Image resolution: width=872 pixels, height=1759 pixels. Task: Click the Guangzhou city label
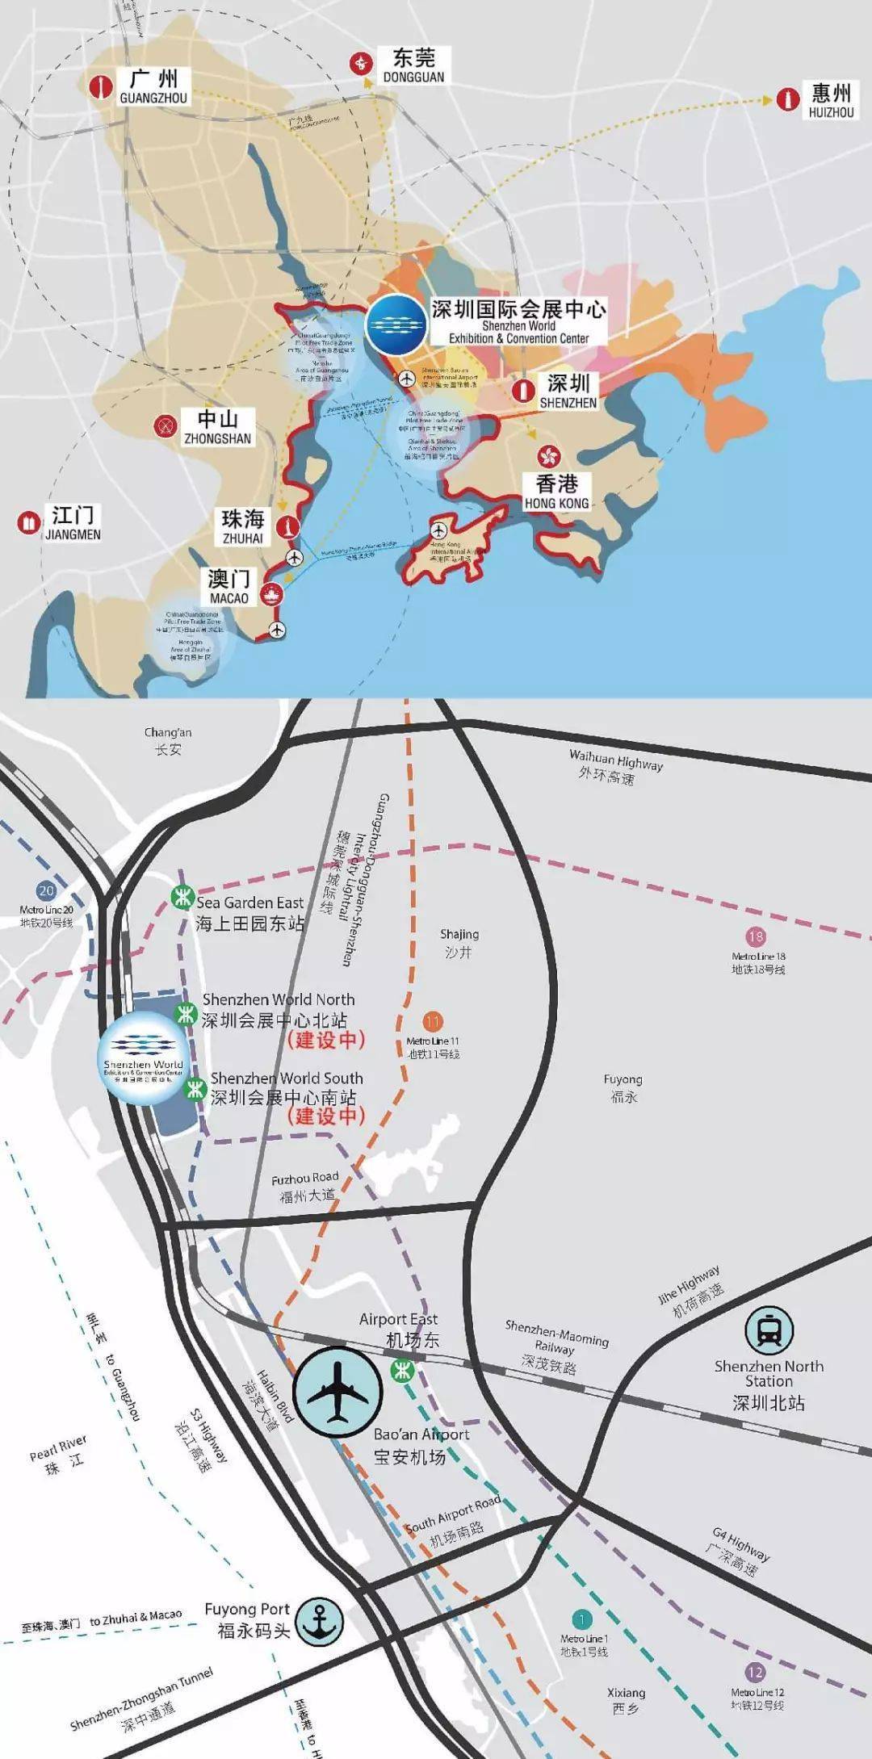tap(153, 87)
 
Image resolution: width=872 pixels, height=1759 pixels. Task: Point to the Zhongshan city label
tap(218, 427)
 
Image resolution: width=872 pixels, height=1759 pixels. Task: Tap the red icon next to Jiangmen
tap(29, 522)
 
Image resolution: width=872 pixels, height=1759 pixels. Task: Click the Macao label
tap(229, 587)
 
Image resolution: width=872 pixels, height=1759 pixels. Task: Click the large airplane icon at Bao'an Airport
tap(337, 1391)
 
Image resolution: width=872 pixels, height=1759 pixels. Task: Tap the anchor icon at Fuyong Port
tap(319, 1621)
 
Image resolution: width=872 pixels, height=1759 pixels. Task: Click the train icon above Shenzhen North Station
tap(769, 1330)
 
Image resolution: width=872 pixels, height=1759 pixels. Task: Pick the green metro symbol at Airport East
tap(401, 1369)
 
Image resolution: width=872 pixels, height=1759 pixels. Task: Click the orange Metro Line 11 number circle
tap(433, 1022)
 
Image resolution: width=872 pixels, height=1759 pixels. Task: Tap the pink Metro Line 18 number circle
tap(756, 936)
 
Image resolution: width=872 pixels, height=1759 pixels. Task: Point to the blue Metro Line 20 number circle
tap(46, 891)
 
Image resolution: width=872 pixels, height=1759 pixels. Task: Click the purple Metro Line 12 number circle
tap(755, 1673)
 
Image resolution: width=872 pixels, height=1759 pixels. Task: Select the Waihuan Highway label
tap(614, 768)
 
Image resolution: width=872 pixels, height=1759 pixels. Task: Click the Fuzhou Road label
tap(305, 1187)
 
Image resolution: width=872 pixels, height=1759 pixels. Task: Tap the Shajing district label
tap(459, 943)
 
